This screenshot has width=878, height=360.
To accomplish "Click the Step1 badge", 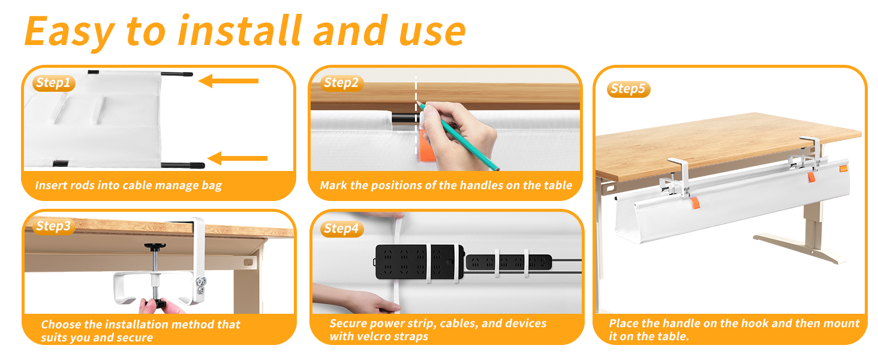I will (53, 83).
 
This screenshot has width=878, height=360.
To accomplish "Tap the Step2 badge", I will (341, 83).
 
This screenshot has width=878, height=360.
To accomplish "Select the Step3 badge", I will (53, 226).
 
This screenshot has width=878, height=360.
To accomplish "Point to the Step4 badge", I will (341, 229).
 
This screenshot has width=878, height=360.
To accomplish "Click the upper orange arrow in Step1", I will (228, 80).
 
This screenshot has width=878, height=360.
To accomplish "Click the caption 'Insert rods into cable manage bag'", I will (128, 185).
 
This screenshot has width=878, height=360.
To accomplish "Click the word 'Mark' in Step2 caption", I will (333, 185).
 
